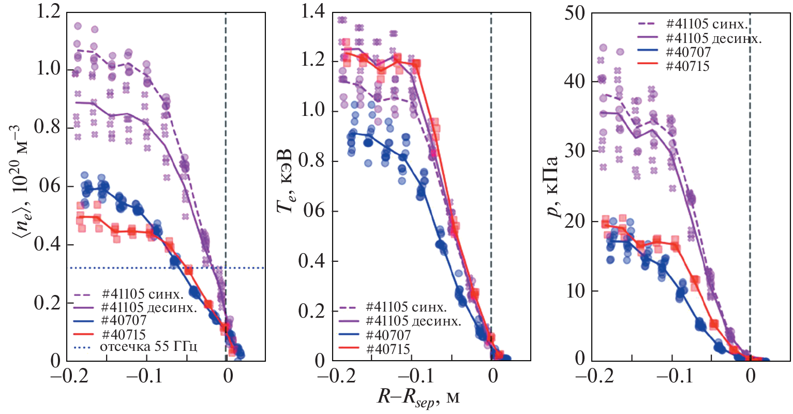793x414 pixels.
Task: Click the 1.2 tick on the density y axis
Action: [x=48, y=11]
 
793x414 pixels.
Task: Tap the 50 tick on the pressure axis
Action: [x=574, y=12]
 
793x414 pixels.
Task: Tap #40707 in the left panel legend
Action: [x=124, y=321]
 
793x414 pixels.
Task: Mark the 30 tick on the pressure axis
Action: [x=574, y=151]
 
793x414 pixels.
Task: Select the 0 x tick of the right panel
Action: [x=750, y=377]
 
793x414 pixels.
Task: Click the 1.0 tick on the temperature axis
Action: [x=312, y=110]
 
